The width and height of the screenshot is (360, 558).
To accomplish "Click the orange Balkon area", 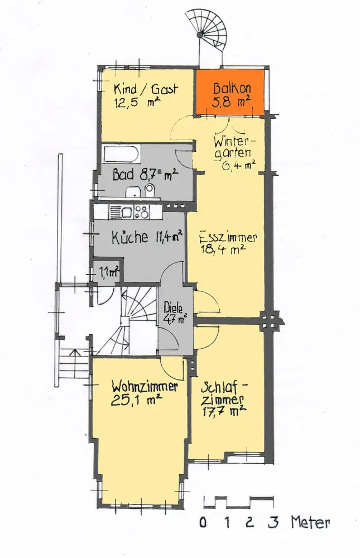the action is pos(230,92).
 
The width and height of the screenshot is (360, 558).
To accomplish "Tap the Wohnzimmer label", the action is pos(145,387).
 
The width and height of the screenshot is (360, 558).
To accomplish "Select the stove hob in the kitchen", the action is pos(141,212).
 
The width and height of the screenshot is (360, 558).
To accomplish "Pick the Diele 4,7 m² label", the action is pos(175,312).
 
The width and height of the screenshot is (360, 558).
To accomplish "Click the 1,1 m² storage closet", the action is pos(105,273).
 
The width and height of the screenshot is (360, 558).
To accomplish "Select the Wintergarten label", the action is pos(234,147).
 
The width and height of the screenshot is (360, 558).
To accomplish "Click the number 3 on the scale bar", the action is pos(273,522).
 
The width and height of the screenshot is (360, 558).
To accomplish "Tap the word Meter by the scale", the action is pos(310,522).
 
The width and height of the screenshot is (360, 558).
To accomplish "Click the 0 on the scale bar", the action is pos(203,522).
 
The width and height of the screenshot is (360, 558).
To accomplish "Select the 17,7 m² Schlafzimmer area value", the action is pos(224,412).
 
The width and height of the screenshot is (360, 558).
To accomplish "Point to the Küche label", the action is pos(129,237).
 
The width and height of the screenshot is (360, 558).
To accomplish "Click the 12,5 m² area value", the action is pos(137,103).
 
